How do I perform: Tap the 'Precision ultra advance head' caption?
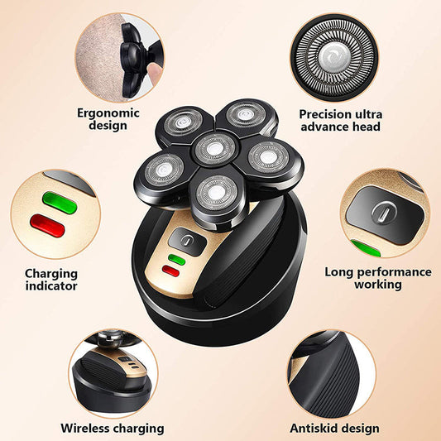click(340, 120)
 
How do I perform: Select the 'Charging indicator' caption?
click(51, 279)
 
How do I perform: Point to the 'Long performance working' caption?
click(377, 277)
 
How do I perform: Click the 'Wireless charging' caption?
click(112, 428)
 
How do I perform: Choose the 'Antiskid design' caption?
click(334, 428)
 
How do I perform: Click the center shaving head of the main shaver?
click(213, 149)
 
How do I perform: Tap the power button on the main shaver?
click(187, 242)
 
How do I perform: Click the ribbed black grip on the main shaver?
click(248, 252)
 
